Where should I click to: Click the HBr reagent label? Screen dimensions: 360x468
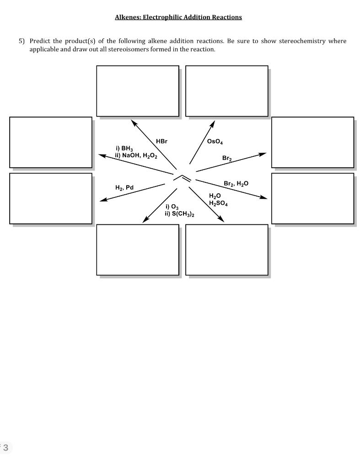pyautogui.click(x=161, y=141)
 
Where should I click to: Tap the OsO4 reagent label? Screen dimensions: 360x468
pyautogui.click(x=215, y=142)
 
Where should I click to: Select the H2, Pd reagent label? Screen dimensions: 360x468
pyautogui.click(x=124, y=187)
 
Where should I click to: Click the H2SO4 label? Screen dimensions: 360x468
pyautogui.click(x=218, y=203)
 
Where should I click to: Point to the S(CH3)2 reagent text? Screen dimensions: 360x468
pyautogui.click(x=182, y=214)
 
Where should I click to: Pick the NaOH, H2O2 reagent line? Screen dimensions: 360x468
pyautogui.click(x=136, y=155)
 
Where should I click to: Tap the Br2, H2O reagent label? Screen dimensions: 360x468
pyautogui.click(x=236, y=183)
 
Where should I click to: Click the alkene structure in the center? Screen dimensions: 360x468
pyautogui.click(x=183, y=176)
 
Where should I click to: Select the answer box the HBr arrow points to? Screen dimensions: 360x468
pyautogui.click(x=137, y=90)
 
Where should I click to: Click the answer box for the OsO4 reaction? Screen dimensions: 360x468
pyautogui.click(x=226, y=90)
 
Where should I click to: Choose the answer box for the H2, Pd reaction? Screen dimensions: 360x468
pyautogui.click(x=50, y=198)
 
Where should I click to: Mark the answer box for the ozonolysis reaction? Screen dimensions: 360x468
pyautogui.click(x=137, y=250)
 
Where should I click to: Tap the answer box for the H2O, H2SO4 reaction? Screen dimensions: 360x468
pyautogui.click(x=226, y=250)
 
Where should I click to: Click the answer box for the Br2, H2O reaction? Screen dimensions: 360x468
pyautogui.click(x=312, y=198)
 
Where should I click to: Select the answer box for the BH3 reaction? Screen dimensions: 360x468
pyautogui.click(x=50, y=142)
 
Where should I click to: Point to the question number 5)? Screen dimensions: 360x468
pyautogui.click(x=22, y=41)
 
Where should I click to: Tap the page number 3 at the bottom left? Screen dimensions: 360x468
pyautogui.click(x=5, y=447)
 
